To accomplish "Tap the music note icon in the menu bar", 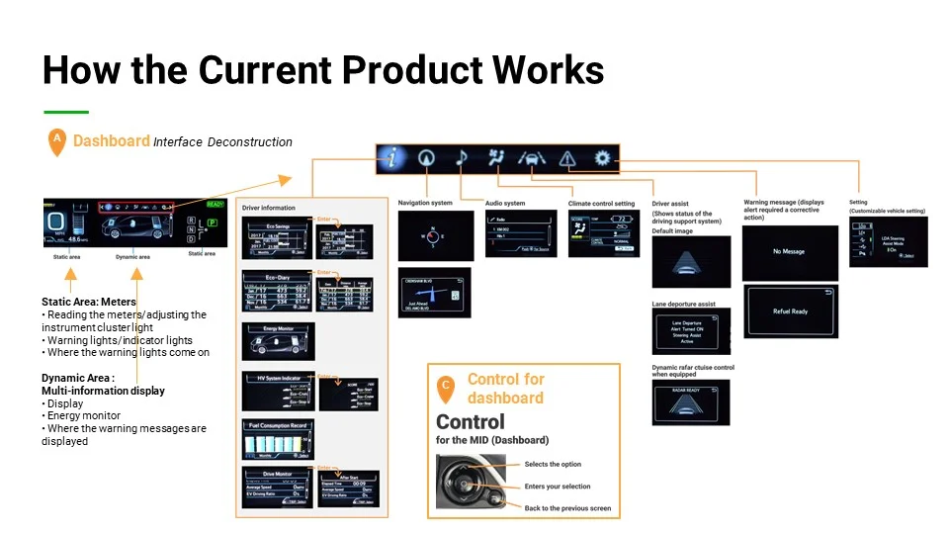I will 462,157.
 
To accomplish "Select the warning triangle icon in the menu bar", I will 566,157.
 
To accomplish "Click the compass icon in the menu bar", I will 426,157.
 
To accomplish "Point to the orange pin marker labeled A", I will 56,142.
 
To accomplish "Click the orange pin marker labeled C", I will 446,389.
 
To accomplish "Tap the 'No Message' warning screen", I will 789,252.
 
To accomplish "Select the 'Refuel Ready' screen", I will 790,311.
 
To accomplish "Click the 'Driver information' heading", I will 268,208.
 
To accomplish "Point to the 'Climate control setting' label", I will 601,204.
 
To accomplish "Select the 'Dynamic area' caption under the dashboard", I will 132,256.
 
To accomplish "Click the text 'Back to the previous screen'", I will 567,508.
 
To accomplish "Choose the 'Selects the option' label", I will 553,464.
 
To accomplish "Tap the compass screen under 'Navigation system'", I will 428,235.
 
